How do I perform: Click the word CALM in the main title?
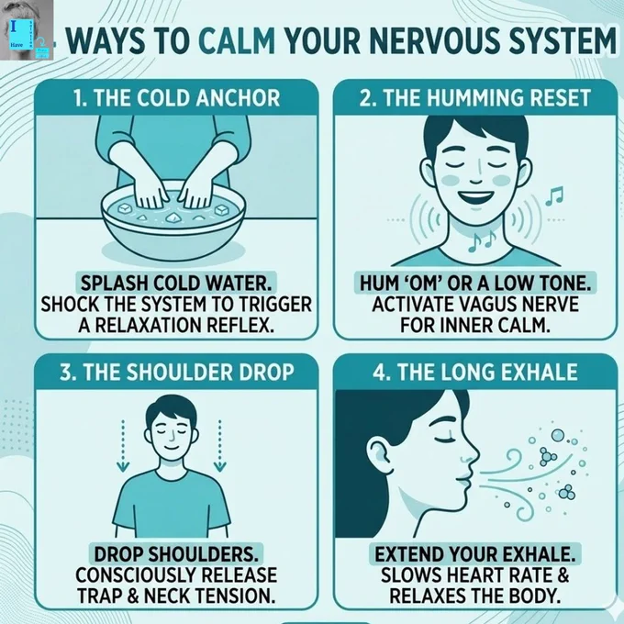coord(237,40)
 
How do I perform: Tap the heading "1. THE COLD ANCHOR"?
coord(177,98)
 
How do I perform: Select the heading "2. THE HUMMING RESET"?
coord(474,98)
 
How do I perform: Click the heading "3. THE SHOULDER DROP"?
coord(177,372)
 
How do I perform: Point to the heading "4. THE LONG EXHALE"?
coord(475,372)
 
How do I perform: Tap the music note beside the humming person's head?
coord(554,195)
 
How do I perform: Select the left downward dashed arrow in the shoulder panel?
coord(123,445)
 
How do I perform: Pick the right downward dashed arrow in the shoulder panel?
coord(219,445)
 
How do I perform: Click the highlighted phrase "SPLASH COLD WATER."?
coord(176,284)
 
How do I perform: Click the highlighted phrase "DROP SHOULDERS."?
coord(176,553)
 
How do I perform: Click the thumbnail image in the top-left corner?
coord(27,30)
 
